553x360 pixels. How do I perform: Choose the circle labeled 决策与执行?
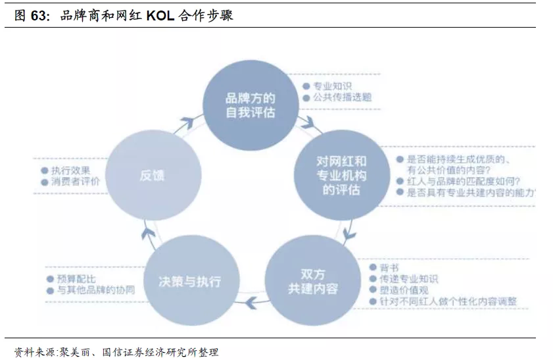click(x=189, y=281)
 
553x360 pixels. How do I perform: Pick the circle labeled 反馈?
click(x=153, y=175)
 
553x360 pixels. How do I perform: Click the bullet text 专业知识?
click(x=332, y=86)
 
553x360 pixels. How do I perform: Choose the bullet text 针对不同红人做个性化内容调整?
click(x=448, y=301)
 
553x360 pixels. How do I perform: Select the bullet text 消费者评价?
click(x=76, y=182)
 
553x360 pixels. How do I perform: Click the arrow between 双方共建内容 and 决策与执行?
click(x=250, y=303)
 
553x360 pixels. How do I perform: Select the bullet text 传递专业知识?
click(x=409, y=279)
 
